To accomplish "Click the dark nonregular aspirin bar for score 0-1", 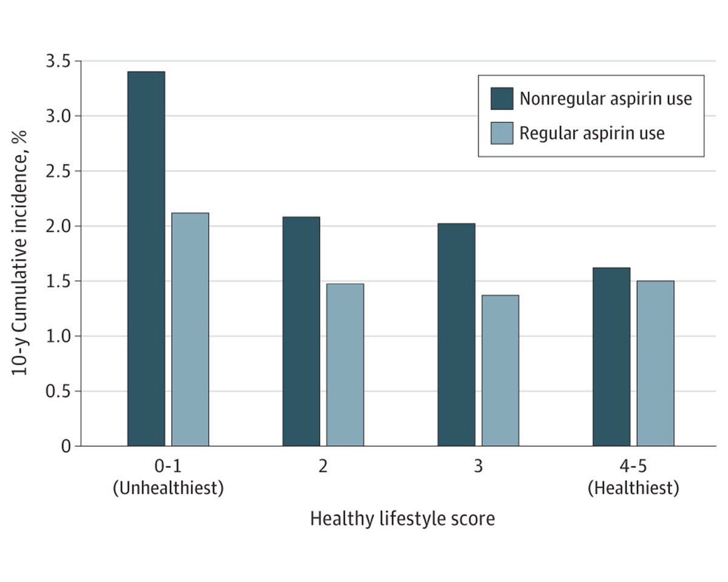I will tap(146, 259).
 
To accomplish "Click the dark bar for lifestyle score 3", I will tap(456, 335).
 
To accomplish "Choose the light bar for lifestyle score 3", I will tap(500, 370).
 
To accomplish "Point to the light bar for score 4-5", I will tap(655, 363).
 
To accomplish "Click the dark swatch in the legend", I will tap(502, 98).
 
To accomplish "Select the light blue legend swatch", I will tap(502, 133).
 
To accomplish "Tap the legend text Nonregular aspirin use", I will tap(605, 99).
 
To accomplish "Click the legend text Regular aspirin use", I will tap(591, 133).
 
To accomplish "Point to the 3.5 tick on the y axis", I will tap(58, 61).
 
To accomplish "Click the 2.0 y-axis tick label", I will tap(58, 226).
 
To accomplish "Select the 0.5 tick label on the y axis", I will tap(58, 391).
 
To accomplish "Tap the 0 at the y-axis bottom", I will tap(66, 446).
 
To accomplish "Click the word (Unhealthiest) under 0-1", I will tap(168, 489).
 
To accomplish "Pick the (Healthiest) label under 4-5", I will tap(633, 489).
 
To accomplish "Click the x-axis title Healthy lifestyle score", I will tap(402, 520).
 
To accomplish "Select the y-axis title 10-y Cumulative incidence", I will tap(21, 253).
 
